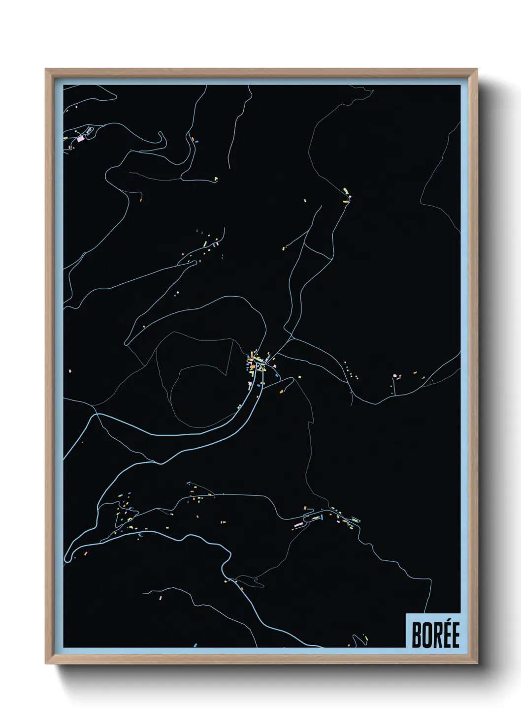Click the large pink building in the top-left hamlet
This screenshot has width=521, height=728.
pyautogui.click(x=80, y=139)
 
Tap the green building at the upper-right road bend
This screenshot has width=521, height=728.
pyautogui.click(x=346, y=189)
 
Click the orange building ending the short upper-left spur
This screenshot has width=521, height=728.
pyautogui.click(x=141, y=200)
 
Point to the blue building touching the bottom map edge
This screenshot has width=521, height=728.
pyautogui.click(x=195, y=644)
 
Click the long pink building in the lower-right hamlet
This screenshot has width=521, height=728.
pyautogui.click(x=297, y=525)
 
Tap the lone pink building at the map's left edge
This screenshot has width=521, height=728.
pyautogui.click(x=70, y=370)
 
